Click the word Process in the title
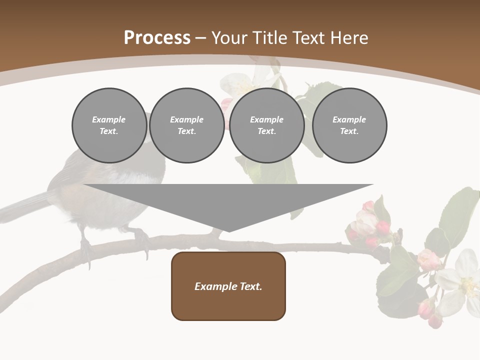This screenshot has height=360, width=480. [x=157, y=38]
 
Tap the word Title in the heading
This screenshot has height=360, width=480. [x=269, y=38]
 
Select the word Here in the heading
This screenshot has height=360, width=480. [x=348, y=38]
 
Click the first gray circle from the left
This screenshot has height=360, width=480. [x=109, y=125]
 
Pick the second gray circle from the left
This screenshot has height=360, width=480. [x=187, y=125]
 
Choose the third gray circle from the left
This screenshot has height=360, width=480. [x=267, y=125]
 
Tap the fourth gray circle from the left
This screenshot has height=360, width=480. [x=349, y=125]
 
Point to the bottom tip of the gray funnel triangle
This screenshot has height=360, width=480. [x=228, y=231]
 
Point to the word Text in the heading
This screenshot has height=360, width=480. [x=308, y=38]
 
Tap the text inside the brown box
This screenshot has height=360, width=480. [x=228, y=286]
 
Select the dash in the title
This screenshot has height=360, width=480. [x=200, y=38]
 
